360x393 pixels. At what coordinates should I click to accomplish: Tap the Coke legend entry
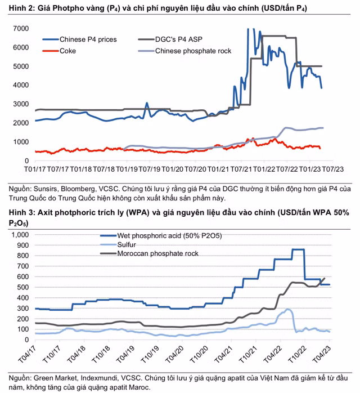click(x=67, y=51)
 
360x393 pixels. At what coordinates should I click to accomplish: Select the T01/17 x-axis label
click(x=35, y=168)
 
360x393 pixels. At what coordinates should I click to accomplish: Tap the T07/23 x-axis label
click(x=331, y=168)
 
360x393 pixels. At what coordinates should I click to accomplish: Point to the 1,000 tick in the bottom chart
click(x=19, y=235)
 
